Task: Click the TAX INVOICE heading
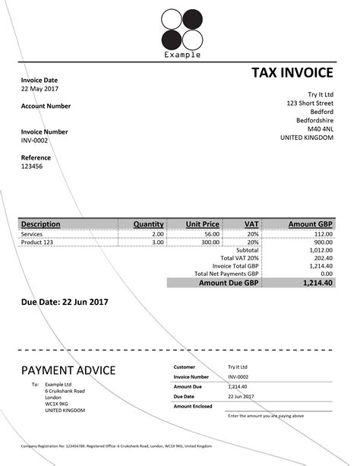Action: (292, 73)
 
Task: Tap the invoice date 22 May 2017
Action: (40, 89)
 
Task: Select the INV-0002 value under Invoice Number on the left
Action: (35, 141)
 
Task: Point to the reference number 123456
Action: (32, 166)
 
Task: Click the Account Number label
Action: (46, 106)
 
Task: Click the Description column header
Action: (41, 224)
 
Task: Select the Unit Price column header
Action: (203, 224)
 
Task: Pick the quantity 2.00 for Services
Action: (157, 234)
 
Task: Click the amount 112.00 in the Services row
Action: (321, 234)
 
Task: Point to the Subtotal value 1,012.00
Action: (321, 250)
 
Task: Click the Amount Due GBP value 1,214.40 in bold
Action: (317, 282)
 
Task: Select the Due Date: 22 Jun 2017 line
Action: (65, 302)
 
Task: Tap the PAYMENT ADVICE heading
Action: (68, 371)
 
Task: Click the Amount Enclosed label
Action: (193, 407)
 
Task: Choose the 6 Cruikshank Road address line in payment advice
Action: (65, 391)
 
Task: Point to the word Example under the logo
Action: (182, 55)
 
